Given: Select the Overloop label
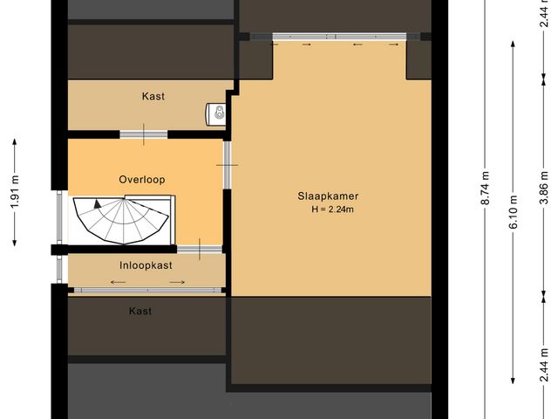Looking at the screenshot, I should pyautogui.click(x=142, y=179).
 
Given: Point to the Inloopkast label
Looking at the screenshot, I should pyautogui.click(x=146, y=264).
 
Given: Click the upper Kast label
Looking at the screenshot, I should pyautogui.click(x=153, y=96).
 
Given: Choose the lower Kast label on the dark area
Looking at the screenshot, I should pyautogui.click(x=140, y=311).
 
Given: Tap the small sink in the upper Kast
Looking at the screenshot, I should pyautogui.click(x=216, y=113).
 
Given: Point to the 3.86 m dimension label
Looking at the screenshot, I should pyautogui.click(x=543, y=189).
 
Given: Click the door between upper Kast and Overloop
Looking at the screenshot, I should pyautogui.click(x=144, y=134).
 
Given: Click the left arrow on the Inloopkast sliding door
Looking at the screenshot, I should pyautogui.click(x=116, y=282).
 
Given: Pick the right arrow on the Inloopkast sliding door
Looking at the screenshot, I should pyautogui.click(x=178, y=282).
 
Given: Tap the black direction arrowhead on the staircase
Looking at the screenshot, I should pyautogui.click(x=98, y=203).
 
